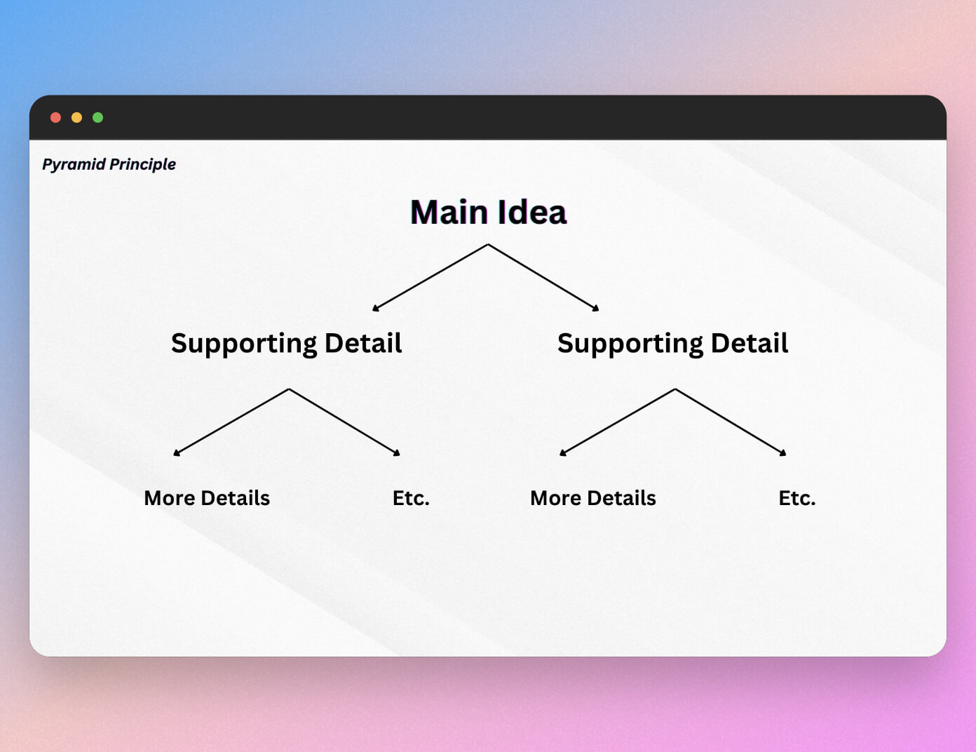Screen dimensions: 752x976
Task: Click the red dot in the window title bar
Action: click(x=56, y=118)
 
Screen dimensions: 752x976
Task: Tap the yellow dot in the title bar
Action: click(x=77, y=118)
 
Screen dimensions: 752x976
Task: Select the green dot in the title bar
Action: click(x=98, y=118)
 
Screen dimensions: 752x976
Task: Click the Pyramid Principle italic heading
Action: click(x=109, y=164)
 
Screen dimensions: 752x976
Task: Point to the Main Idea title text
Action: click(x=488, y=212)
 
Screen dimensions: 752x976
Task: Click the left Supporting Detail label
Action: click(x=286, y=343)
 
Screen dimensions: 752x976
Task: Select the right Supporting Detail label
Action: click(x=672, y=343)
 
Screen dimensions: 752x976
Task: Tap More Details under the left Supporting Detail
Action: click(x=207, y=498)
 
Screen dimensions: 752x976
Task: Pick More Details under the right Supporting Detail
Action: click(x=593, y=498)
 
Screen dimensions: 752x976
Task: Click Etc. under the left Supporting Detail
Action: click(x=411, y=498)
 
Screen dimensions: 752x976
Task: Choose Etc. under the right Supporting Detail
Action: click(x=797, y=498)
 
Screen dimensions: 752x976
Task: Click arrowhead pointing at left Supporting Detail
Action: click(x=376, y=307)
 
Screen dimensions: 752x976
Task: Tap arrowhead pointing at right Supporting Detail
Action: click(x=596, y=307)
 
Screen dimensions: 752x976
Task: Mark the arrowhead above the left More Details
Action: click(x=177, y=453)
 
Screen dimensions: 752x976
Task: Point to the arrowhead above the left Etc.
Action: click(x=397, y=453)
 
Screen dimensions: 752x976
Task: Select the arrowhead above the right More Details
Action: click(x=562, y=453)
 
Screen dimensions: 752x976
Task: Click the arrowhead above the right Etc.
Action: click(x=783, y=453)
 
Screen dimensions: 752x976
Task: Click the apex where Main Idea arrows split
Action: click(x=488, y=245)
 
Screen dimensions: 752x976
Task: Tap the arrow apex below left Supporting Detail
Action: click(x=289, y=389)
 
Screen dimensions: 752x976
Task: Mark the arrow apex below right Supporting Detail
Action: click(x=675, y=389)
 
